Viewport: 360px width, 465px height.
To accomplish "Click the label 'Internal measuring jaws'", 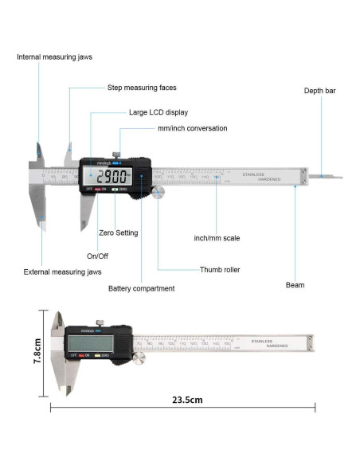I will tap(52, 57).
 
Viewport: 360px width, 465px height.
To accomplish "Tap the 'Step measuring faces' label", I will tap(142, 88).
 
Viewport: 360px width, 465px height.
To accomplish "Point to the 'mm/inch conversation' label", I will tap(192, 128).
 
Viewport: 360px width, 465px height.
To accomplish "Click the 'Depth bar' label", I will tap(319, 91).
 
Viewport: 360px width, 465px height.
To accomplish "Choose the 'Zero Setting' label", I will tap(118, 233).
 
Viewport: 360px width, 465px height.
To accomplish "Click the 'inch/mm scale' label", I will tap(217, 237).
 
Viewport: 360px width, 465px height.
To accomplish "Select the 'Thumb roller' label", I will tap(220, 270).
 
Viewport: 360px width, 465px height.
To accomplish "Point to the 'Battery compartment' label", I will tap(141, 288).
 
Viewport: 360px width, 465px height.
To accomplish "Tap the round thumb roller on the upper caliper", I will tap(158, 193).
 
